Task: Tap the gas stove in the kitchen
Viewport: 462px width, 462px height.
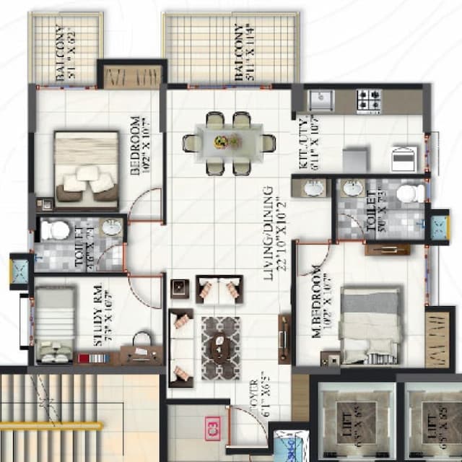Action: pos(369,100)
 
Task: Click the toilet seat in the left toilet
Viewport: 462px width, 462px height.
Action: pos(53,230)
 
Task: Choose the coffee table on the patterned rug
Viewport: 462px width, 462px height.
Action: pos(219,348)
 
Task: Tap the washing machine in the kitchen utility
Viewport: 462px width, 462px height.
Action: pos(401,157)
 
